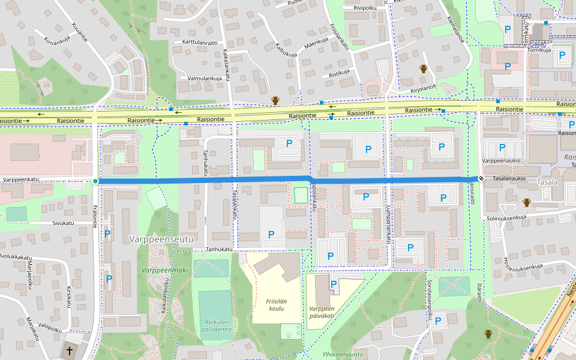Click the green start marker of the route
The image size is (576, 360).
(x=95, y=181)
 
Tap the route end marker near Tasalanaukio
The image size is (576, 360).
(x=481, y=178)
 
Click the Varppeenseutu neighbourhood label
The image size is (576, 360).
(x=161, y=239)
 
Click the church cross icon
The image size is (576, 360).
(x=70, y=350)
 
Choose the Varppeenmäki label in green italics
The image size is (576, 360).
(x=164, y=270)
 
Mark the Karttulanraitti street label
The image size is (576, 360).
(x=199, y=43)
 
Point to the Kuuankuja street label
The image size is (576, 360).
(x=58, y=41)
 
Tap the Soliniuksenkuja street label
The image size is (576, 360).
(x=506, y=217)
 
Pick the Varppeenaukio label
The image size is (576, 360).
(x=499, y=161)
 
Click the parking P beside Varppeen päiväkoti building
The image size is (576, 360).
(x=334, y=283)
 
